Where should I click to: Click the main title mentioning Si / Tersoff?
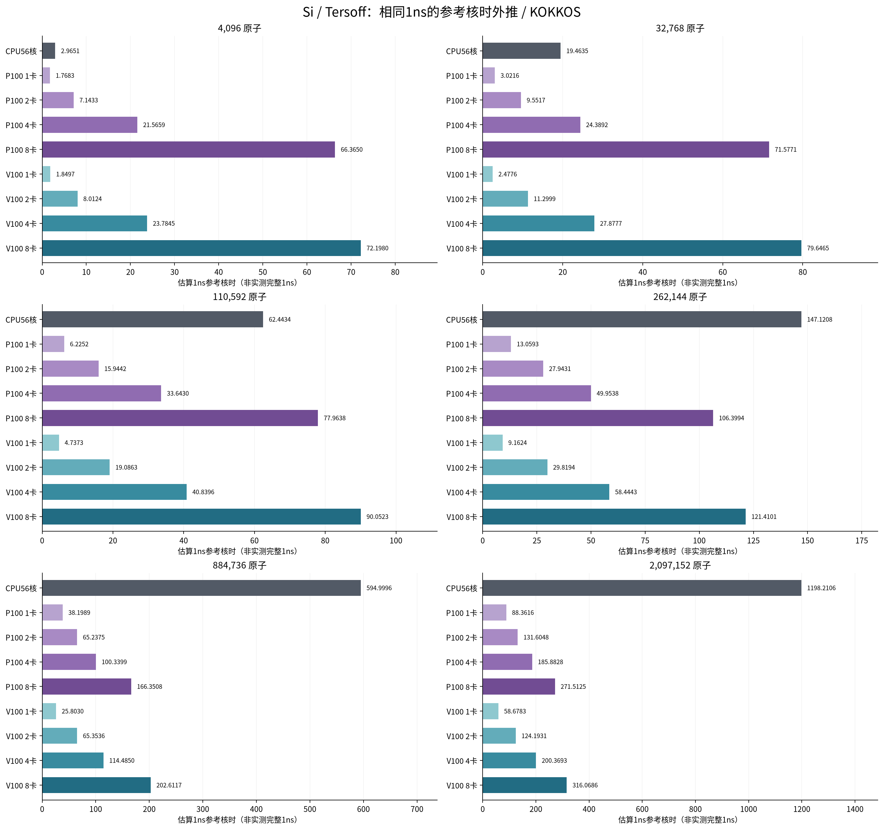(441, 12)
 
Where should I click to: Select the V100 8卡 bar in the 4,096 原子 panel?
(201, 248)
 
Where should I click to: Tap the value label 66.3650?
(351, 150)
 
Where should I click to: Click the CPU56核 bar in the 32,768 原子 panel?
(522, 51)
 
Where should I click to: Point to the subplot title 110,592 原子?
(239, 297)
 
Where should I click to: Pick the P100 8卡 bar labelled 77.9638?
(180, 418)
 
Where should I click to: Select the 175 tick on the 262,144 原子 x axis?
(862, 540)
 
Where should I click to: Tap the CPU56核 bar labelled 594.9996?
(201, 588)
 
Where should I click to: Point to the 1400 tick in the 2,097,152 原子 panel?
(855, 809)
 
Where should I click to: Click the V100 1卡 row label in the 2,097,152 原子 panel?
(462, 712)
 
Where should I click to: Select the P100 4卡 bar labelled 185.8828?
(507, 662)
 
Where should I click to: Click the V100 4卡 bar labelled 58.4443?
(546, 492)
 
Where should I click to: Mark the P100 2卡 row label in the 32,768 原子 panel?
(462, 101)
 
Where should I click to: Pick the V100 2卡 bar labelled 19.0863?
(76, 467)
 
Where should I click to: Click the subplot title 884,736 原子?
(239, 565)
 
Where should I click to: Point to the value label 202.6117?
(169, 785)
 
